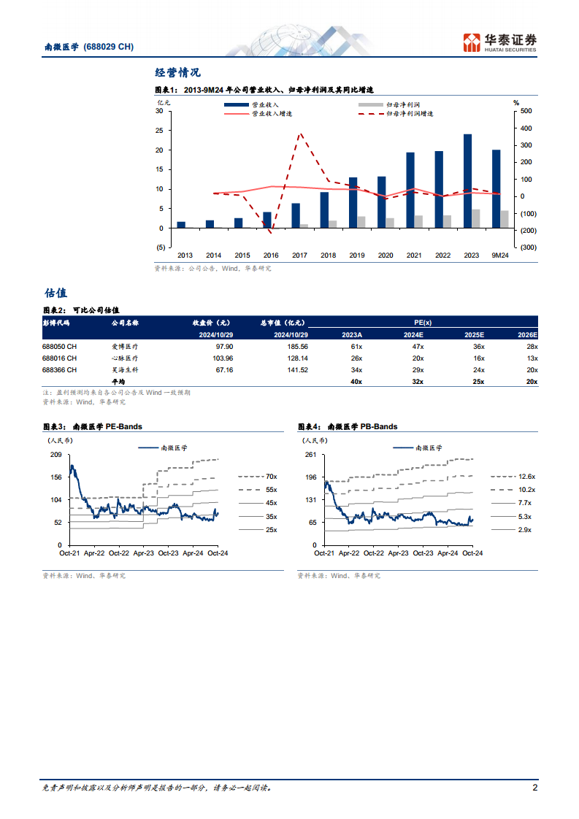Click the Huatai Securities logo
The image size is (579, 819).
[x=500, y=42]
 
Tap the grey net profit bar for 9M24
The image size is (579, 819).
[x=505, y=219]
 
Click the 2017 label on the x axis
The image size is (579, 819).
[x=299, y=255]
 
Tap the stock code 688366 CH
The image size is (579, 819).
[x=59, y=370]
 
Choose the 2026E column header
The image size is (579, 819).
[x=526, y=334]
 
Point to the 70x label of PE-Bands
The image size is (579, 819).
[x=271, y=476]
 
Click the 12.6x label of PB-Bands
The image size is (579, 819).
[x=526, y=476]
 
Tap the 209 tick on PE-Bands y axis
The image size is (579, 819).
[x=56, y=455]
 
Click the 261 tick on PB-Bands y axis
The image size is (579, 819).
[x=310, y=455]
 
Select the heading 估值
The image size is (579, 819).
[x=56, y=293]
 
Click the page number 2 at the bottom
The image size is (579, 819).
[x=534, y=788]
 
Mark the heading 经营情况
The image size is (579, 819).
[x=177, y=72]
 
